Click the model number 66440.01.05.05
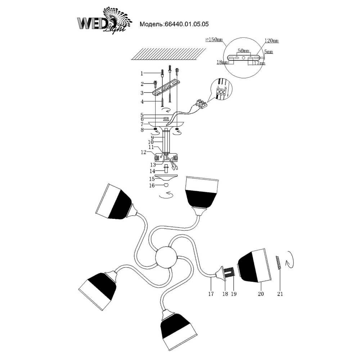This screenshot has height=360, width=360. click(186, 24)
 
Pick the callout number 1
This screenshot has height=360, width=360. click(142, 73)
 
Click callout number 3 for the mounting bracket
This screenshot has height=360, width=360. click(142, 93)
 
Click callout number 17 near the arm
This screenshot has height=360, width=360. click(211, 294)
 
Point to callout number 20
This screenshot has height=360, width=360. click(261, 294)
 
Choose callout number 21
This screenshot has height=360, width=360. click(280, 294)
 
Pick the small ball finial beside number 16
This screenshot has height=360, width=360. click(166, 185)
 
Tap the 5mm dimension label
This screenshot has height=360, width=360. click(268, 52)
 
